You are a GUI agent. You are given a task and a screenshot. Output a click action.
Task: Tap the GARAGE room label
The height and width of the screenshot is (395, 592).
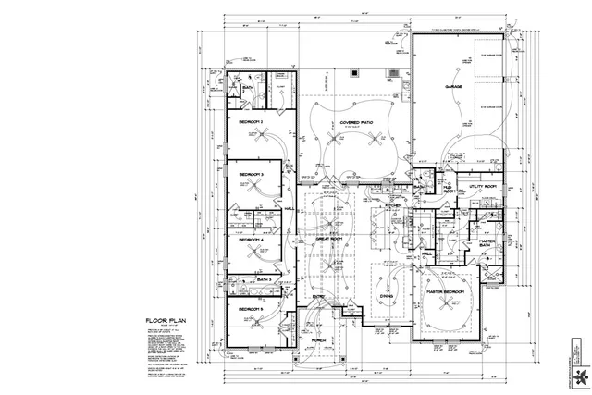coord(453,87)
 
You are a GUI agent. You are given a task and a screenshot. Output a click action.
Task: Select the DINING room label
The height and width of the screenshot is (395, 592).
coord(387,297)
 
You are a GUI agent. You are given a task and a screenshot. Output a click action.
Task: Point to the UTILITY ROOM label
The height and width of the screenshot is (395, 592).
coord(483,187)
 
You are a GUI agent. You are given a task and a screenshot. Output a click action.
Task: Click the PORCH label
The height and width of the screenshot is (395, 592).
coord(319,340)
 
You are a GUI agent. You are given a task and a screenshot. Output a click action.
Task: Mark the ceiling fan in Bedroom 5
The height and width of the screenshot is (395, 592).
coord(262,321)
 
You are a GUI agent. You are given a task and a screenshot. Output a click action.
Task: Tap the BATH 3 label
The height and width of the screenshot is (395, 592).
coord(263,278)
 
